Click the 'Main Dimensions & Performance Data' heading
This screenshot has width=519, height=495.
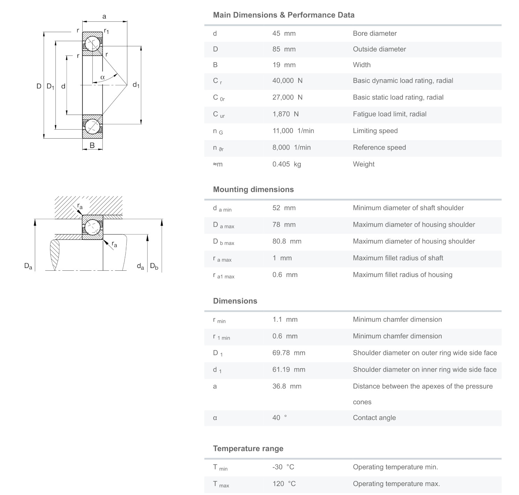284,15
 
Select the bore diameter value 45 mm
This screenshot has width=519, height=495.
284,34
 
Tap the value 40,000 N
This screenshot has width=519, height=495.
287,81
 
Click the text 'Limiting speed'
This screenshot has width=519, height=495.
375,131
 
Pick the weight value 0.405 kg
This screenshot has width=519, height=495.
286,164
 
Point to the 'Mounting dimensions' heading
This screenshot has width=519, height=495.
253,189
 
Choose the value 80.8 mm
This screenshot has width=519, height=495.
287,241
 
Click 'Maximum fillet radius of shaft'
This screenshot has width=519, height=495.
398,258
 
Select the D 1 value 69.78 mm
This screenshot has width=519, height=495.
288,353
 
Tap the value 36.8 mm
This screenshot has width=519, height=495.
287,386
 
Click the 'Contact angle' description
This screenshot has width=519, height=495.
374,418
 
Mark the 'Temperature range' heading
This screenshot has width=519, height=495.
248,449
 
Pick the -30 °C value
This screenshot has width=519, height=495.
283,467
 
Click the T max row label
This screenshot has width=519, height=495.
221,484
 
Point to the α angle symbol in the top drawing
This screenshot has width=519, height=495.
103,77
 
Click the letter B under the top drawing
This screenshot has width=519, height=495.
92,146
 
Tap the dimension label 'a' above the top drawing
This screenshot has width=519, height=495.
104,16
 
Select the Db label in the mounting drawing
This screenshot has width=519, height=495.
154,267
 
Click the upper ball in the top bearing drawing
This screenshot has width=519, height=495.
93,43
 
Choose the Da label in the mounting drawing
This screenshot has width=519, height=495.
28,266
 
